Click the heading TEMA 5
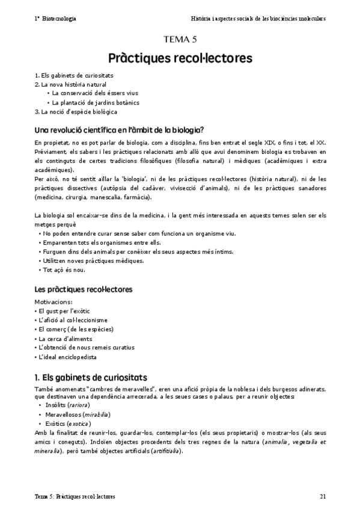(x=180, y=40)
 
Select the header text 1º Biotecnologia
(x=55, y=19)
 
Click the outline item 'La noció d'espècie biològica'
(x=76, y=111)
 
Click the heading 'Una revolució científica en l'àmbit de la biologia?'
(x=119, y=129)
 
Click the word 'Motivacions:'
(x=54, y=301)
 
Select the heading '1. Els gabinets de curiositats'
(x=91, y=377)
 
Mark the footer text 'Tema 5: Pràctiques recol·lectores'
(x=75, y=497)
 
